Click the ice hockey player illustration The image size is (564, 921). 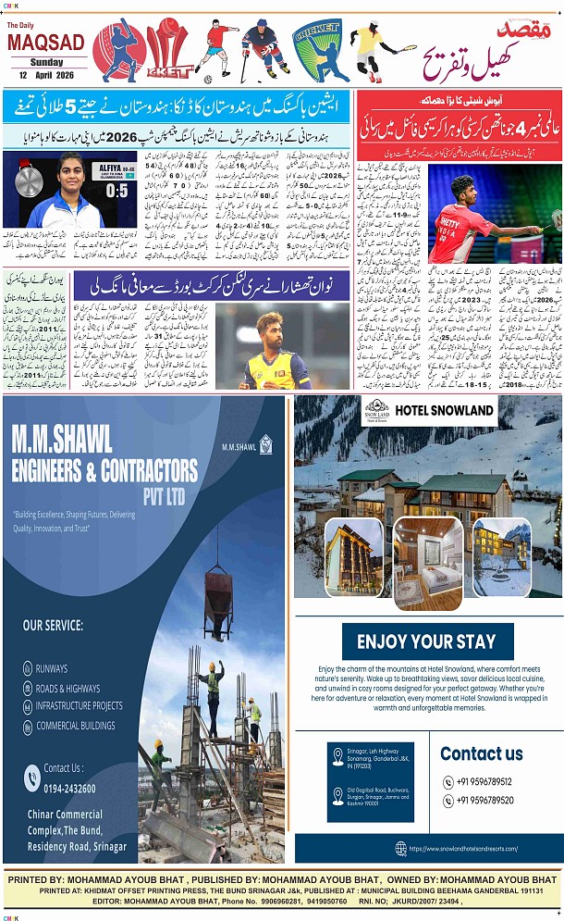(264, 51)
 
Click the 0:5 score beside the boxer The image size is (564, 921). (116, 191)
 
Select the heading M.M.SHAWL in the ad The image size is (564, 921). (61, 438)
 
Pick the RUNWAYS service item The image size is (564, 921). (52, 668)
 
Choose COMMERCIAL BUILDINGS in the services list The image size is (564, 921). (76, 725)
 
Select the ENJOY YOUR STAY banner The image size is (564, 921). (426, 641)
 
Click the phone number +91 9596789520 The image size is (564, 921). (484, 801)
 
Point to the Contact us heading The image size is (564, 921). (482, 753)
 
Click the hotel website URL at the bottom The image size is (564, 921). (462, 848)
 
